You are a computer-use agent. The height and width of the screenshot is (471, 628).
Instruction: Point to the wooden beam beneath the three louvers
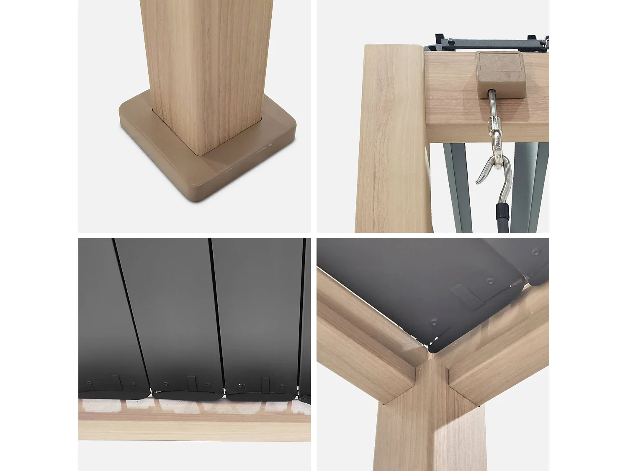pos(194,429)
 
